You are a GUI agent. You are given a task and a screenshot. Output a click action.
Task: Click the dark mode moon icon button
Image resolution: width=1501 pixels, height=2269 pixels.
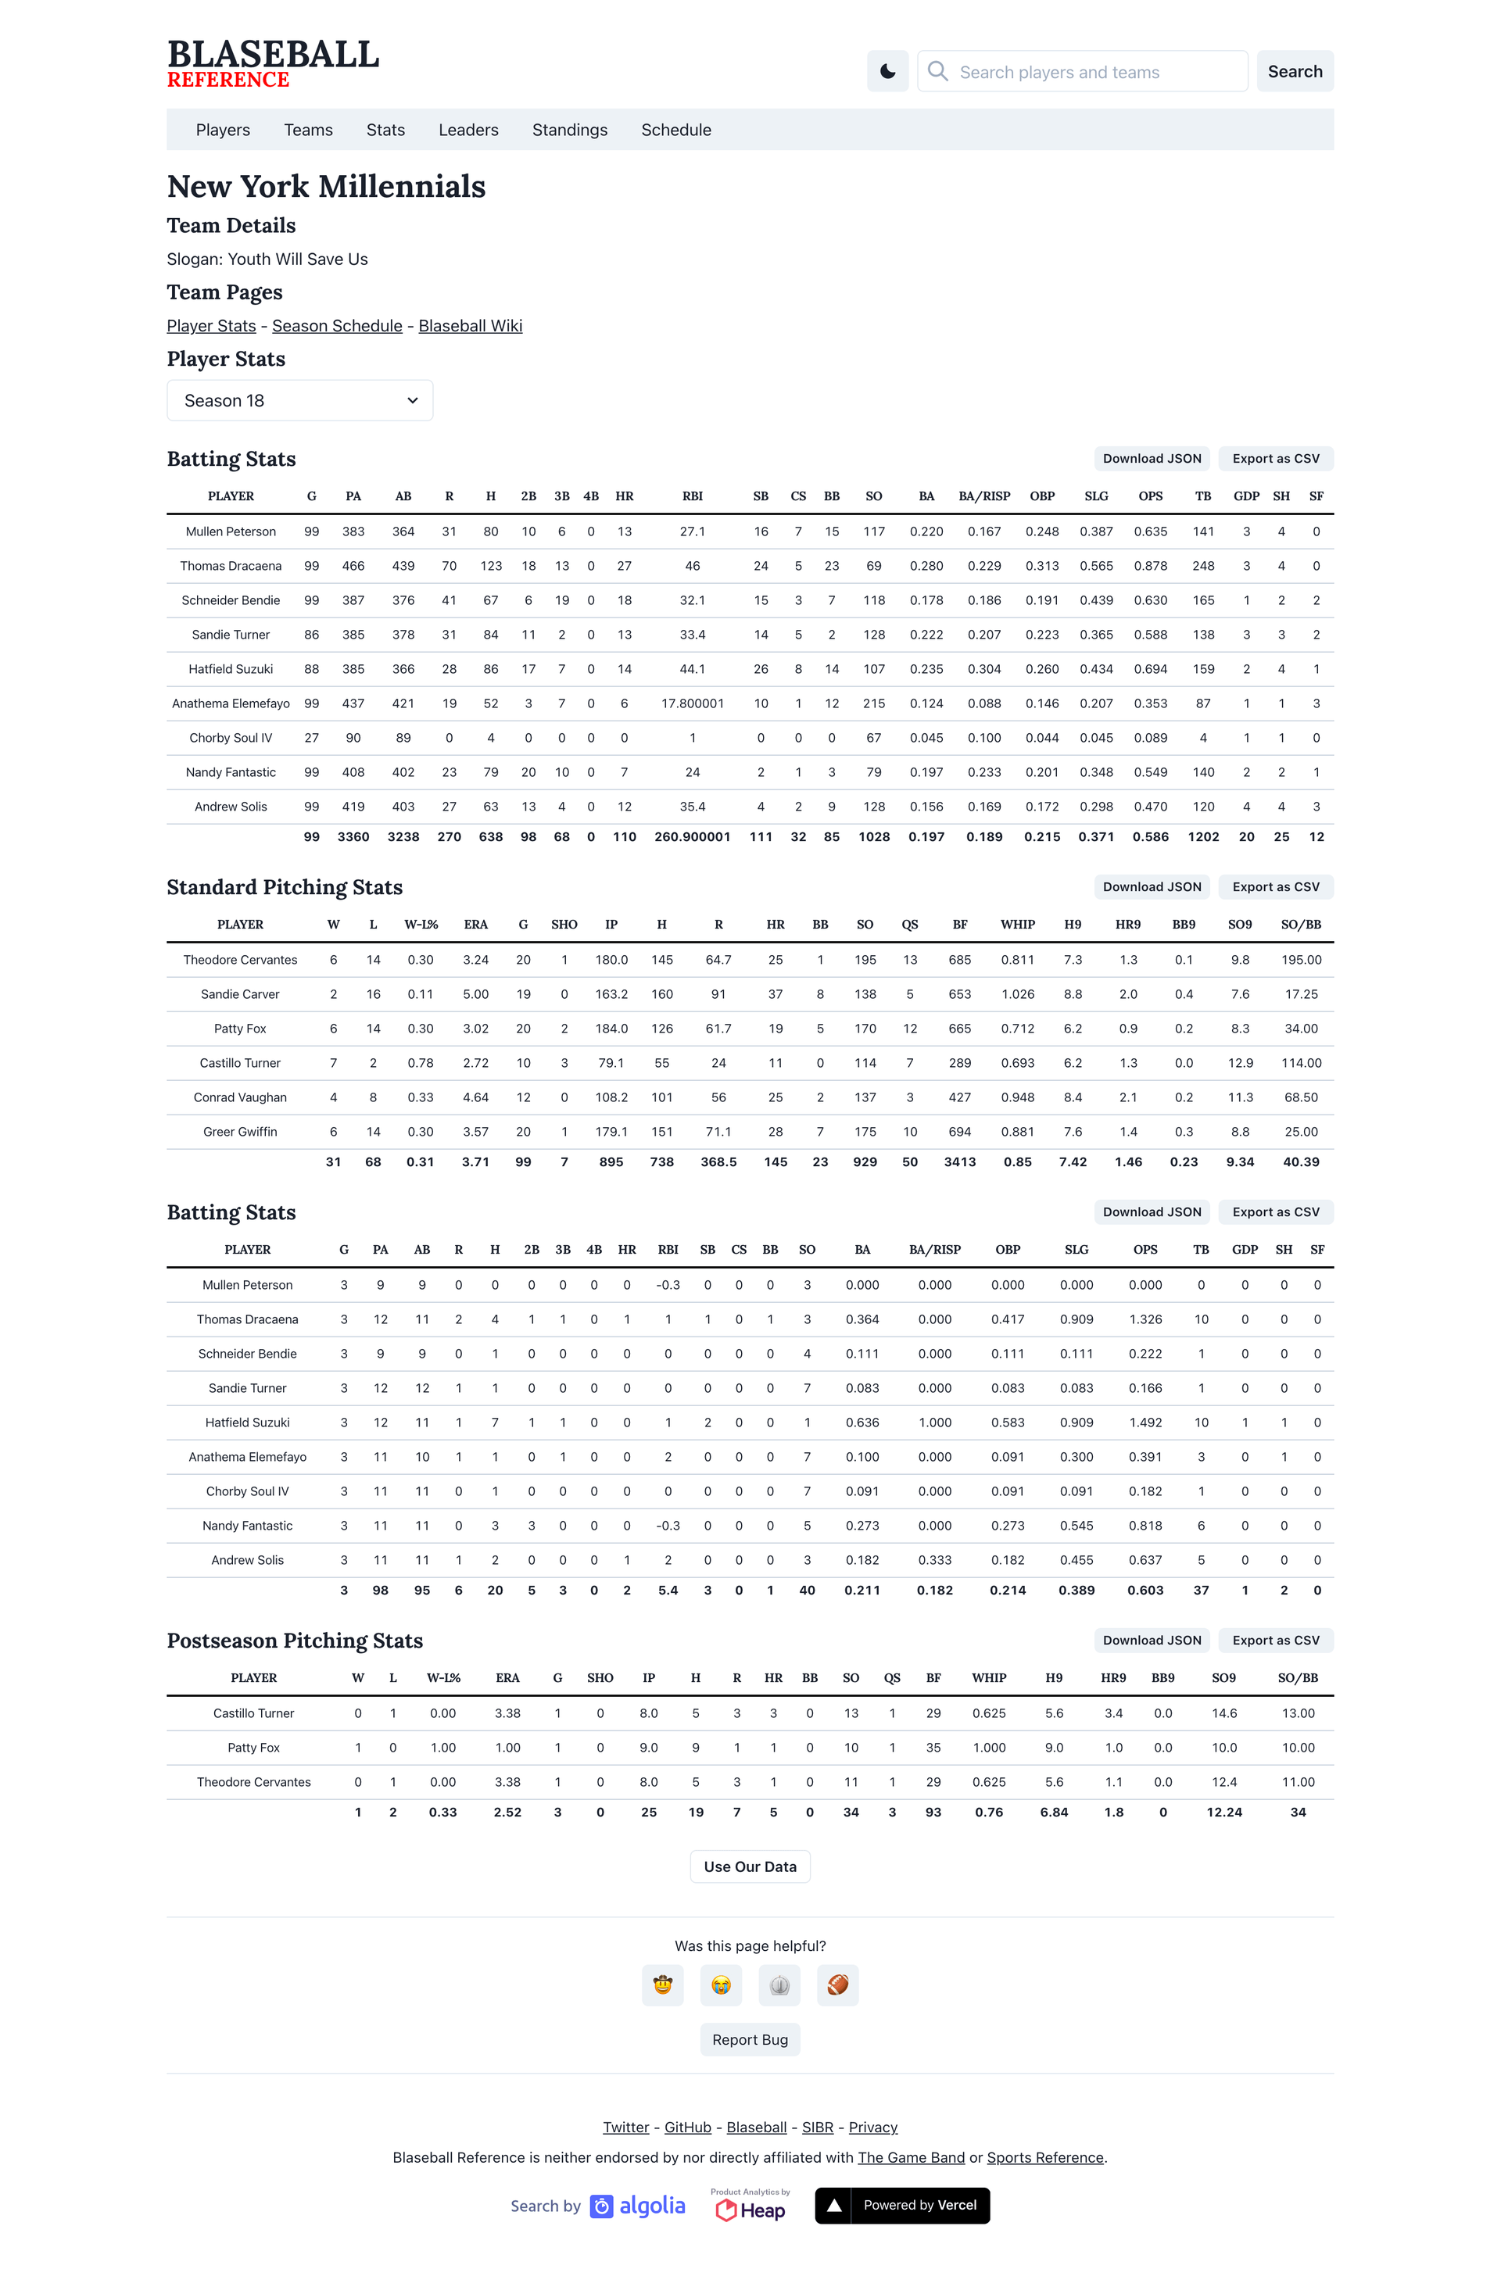point(887,72)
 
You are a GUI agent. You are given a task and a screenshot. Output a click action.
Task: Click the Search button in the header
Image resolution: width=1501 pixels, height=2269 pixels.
point(1295,72)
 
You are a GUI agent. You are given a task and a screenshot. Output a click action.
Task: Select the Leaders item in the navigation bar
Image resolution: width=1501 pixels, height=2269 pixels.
point(468,131)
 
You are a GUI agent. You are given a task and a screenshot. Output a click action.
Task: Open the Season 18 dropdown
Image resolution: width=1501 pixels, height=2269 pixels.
point(299,401)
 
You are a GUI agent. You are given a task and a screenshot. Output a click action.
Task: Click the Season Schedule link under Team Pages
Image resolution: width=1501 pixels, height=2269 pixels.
point(337,327)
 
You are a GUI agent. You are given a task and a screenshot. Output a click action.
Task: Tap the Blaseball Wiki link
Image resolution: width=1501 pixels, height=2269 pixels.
point(470,327)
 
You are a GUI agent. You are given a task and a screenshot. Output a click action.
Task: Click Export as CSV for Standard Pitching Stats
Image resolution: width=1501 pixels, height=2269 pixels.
point(1275,887)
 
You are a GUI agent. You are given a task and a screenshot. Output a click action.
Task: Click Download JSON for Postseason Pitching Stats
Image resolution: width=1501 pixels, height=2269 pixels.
point(1152,1641)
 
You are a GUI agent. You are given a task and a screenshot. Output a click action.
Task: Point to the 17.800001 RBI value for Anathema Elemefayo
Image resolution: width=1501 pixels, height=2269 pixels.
point(692,703)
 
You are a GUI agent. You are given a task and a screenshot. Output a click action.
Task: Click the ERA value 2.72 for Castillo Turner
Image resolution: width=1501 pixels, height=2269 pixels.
point(476,1063)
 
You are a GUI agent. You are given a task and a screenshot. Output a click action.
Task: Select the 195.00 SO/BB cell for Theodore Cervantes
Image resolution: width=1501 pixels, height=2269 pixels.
point(1301,960)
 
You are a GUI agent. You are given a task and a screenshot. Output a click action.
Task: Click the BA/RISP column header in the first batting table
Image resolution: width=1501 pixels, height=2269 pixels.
point(984,496)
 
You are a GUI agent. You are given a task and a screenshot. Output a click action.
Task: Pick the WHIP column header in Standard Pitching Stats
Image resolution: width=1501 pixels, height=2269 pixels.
point(1016,925)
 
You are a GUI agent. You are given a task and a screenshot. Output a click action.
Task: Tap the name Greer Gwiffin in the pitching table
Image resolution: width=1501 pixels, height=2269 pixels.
point(240,1132)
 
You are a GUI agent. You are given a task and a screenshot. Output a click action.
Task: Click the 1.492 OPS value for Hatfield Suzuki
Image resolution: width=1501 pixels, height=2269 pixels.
point(1145,1423)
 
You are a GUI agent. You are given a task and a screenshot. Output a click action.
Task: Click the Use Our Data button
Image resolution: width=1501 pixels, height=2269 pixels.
point(750,1867)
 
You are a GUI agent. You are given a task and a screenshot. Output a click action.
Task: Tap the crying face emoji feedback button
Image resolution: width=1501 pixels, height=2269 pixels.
point(721,1984)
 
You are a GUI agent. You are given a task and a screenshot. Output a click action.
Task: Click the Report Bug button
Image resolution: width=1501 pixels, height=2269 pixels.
point(750,2039)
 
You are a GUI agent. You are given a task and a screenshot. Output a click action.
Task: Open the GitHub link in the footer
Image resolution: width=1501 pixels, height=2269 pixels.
point(687,2128)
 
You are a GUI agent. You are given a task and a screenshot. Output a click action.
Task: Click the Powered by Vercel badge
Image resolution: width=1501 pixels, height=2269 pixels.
point(901,2206)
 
